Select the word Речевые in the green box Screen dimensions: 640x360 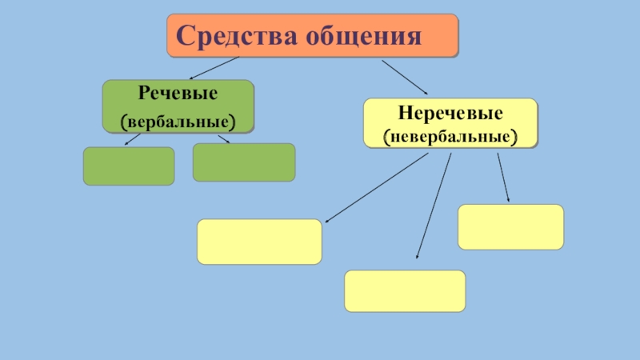coord(178,94)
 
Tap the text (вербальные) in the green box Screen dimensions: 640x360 coord(178,122)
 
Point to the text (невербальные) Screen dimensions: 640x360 coord(450,136)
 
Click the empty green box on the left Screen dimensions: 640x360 coord(129,166)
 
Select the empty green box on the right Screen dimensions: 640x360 coord(244,162)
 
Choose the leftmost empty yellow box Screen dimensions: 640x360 coord(259,242)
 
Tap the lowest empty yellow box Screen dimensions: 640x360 coord(405,290)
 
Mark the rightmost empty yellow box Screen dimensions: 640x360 coord(510,226)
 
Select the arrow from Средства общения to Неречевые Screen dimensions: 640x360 coord(404,76)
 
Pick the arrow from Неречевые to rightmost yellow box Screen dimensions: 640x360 coord(503,177)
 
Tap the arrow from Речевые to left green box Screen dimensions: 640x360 coord(132,139)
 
